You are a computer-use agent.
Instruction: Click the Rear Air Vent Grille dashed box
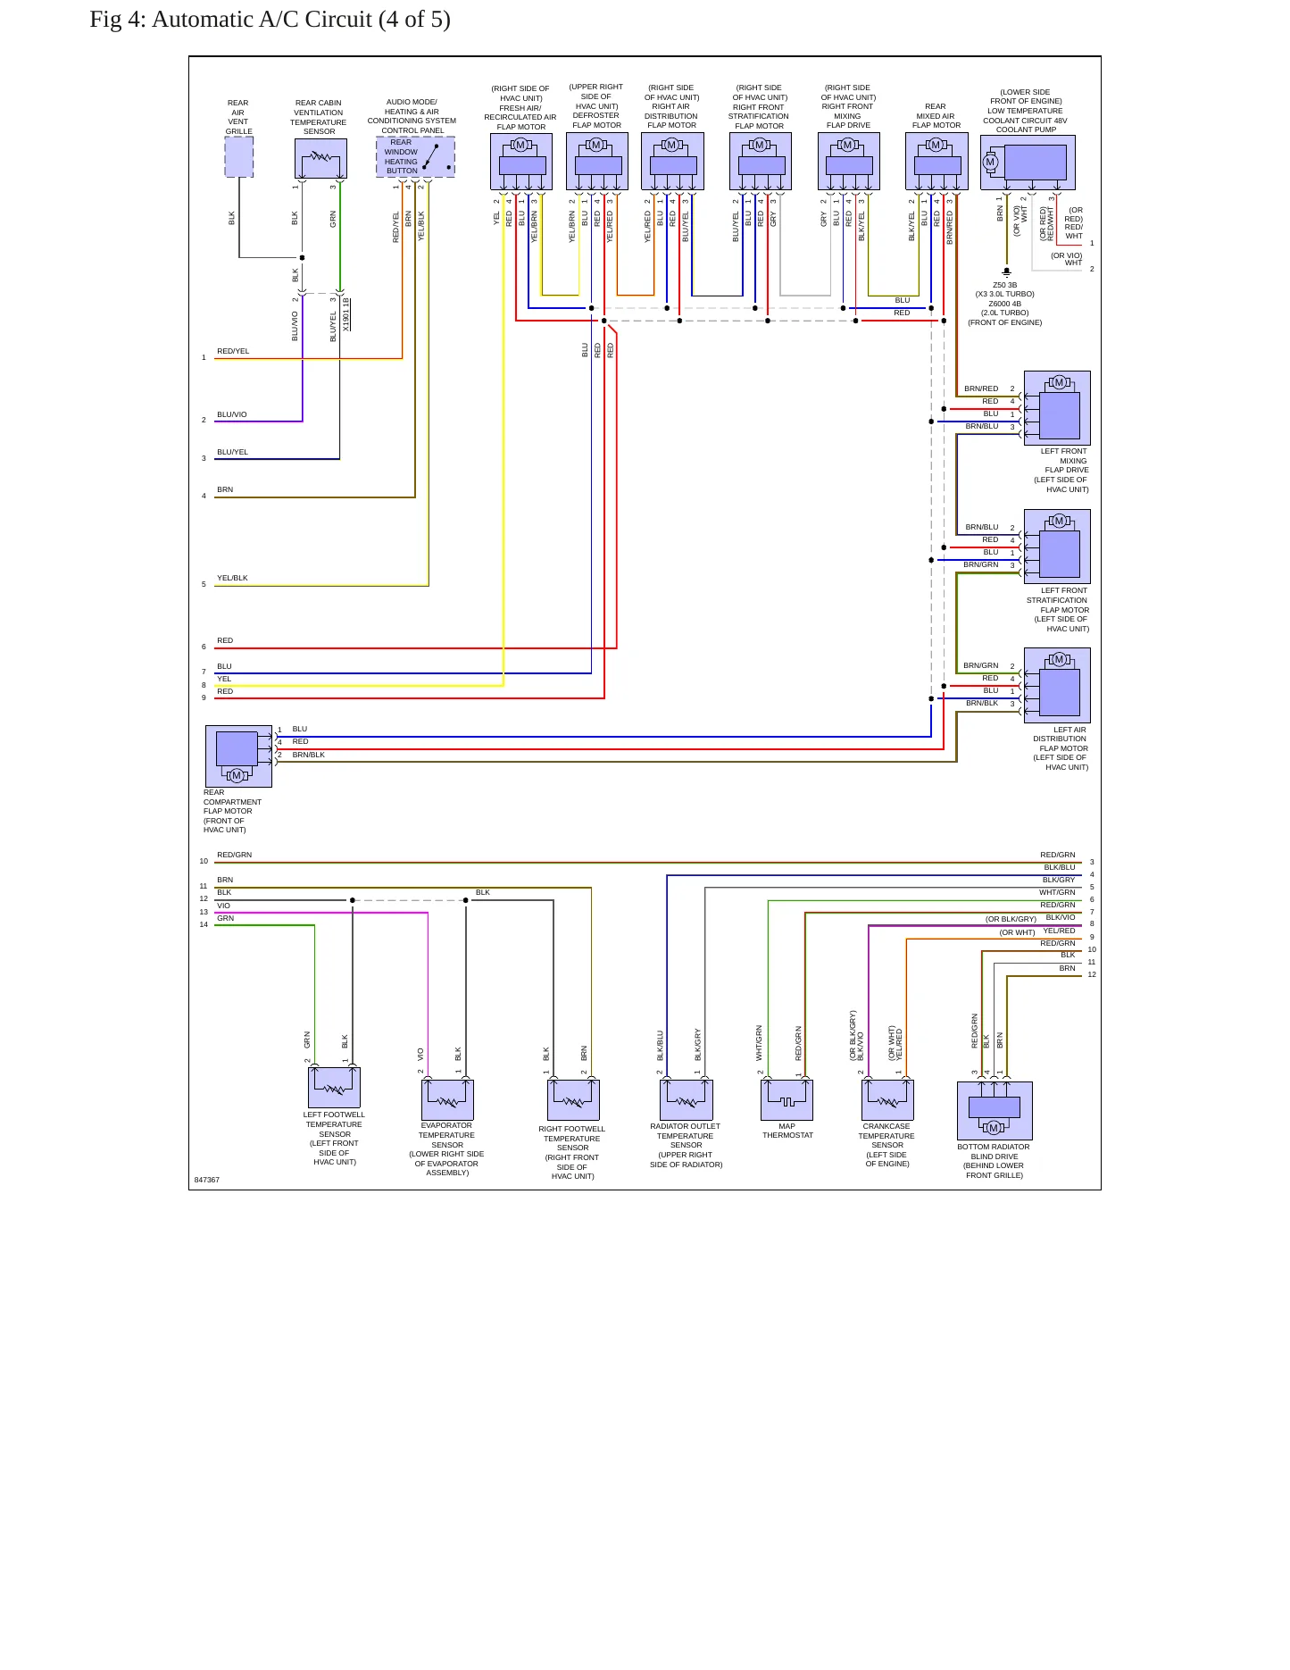click(238, 157)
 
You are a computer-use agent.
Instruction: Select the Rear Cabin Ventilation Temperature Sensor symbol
click(320, 159)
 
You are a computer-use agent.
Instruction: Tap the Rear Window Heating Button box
click(415, 157)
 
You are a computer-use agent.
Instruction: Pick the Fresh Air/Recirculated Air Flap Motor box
click(521, 162)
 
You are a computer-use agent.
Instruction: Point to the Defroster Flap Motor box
click(597, 162)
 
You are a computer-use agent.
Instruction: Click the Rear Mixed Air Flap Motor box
click(936, 162)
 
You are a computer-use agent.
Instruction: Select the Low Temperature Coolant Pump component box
click(1028, 163)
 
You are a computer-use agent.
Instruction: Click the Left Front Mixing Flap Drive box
click(1057, 408)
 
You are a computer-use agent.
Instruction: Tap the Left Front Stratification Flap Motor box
click(1057, 547)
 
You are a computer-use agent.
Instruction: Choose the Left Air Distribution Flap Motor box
click(1057, 685)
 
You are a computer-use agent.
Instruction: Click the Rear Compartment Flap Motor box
click(238, 756)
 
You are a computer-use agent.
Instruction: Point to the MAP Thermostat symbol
click(786, 1099)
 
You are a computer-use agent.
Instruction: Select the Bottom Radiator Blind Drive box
click(995, 1111)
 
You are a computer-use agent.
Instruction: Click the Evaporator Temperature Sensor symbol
click(447, 1099)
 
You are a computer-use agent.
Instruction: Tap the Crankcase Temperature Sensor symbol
click(887, 1099)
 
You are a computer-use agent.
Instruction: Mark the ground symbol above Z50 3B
click(1006, 271)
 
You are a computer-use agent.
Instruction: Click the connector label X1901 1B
click(346, 314)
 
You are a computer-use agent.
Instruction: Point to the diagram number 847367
click(207, 1180)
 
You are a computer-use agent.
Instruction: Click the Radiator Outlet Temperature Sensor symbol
click(686, 1099)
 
